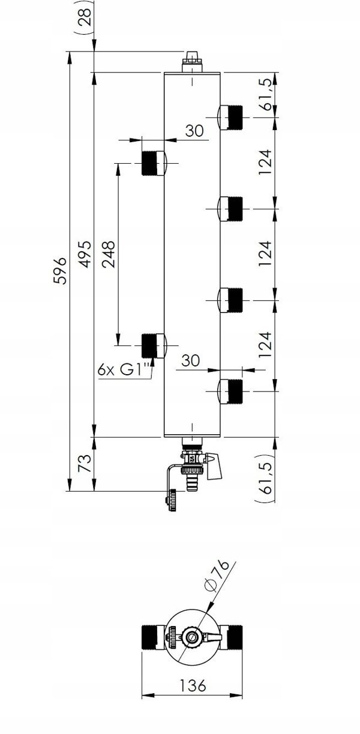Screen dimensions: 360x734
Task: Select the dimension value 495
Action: click(x=86, y=254)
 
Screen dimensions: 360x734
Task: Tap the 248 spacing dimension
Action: click(x=108, y=255)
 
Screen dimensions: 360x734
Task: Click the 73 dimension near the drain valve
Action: click(x=85, y=463)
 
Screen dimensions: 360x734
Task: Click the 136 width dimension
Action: click(x=193, y=684)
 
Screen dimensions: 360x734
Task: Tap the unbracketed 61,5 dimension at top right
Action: click(x=266, y=94)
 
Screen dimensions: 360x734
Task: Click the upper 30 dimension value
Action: click(x=194, y=130)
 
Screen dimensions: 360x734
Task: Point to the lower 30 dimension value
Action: click(x=190, y=360)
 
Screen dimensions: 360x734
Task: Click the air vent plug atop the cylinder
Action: click(x=192, y=62)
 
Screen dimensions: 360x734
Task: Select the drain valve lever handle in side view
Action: click(x=214, y=466)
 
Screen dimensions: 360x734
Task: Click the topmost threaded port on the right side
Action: click(x=231, y=118)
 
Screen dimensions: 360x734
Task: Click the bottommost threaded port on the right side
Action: click(x=231, y=391)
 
